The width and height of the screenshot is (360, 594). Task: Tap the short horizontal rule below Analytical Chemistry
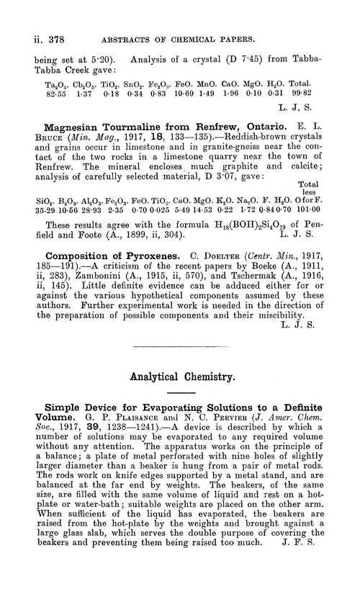pos(179,393)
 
